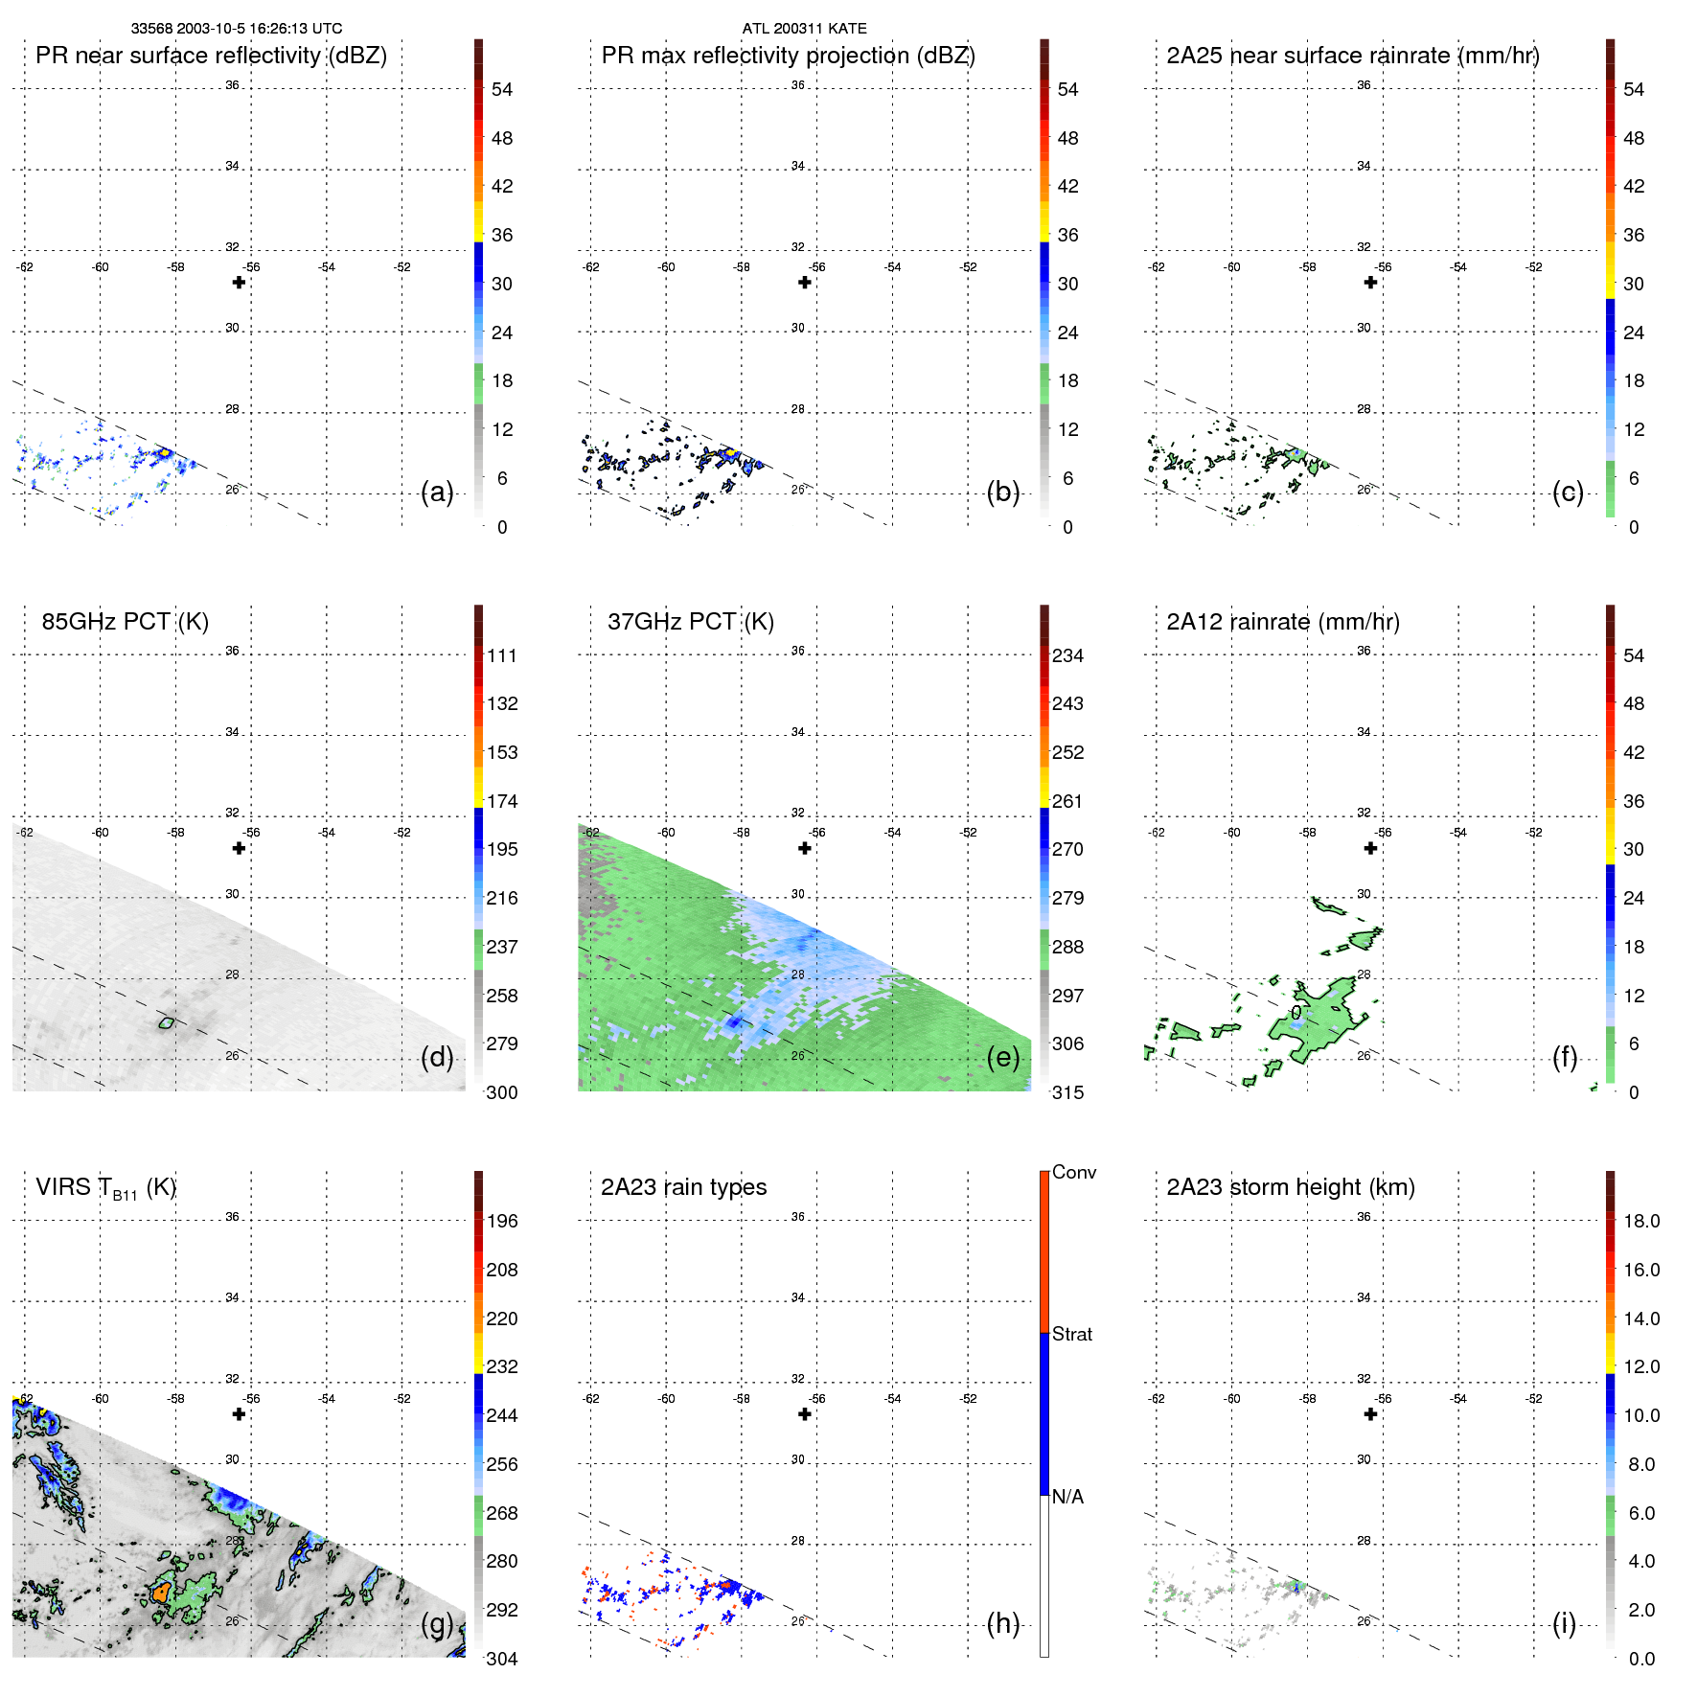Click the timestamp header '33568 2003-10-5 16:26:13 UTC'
pos(236,29)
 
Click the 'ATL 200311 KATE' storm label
pos(804,29)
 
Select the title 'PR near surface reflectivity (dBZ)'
pos(211,56)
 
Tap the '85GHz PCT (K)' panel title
pos(125,622)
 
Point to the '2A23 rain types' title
pos(683,1187)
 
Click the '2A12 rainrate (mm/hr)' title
pos(1283,622)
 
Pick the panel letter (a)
pos(437,493)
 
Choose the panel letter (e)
pos(1003,1058)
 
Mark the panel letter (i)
pos(1564,1623)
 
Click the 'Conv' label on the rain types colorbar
pos(1074,1172)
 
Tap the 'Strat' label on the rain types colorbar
pos(1072,1334)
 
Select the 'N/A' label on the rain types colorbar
pos(1067,1497)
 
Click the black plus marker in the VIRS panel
pos(239,1414)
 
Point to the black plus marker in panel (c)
pos(1370,283)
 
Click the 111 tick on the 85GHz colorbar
pos(502,655)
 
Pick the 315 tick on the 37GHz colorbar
pos(1067,1092)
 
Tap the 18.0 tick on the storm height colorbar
pos(1641,1221)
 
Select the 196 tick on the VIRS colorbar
pos(502,1221)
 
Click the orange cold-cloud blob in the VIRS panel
pos(160,1593)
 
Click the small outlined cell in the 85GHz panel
pos(167,1023)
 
